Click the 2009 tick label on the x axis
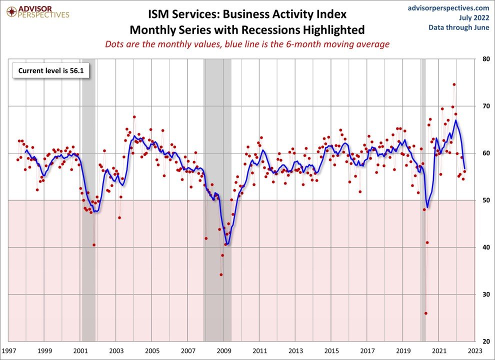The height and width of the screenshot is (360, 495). (x=224, y=351)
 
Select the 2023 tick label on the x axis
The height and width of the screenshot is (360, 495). (x=475, y=351)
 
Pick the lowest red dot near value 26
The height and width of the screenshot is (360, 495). (x=426, y=313)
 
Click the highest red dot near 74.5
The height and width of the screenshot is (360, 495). (x=454, y=84)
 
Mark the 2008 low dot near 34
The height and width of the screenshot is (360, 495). (x=221, y=274)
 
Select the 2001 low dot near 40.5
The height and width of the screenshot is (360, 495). (x=94, y=245)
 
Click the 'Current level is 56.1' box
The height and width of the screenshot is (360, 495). (x=50, y=71)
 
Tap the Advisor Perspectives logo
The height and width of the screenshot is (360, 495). (x=36, y=12)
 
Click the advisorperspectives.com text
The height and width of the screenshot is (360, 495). (x=448, y=8)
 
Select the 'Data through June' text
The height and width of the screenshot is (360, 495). (x=458, y=27)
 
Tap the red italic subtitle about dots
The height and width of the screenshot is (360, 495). (x=247, y=44)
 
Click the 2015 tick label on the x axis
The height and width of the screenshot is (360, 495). (x=331, y=351)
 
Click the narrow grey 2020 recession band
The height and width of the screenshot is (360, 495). (x=423, y=200)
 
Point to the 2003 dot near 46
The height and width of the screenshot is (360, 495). (x=119, y=217)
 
